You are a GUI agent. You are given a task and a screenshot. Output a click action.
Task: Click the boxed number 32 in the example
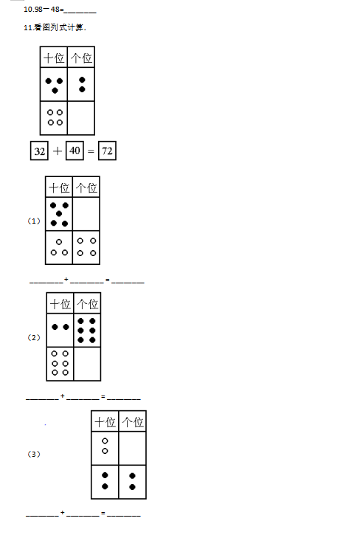pos(39,151)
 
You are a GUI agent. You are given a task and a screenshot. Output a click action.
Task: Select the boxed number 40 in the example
pos(75,151)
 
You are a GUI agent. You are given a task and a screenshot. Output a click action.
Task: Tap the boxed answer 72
pos(107,151)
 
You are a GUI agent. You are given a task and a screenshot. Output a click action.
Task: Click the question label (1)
pos(33,221)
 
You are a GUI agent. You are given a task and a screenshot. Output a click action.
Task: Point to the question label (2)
pos(33,337)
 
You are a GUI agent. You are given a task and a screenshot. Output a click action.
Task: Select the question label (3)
pos(33,454)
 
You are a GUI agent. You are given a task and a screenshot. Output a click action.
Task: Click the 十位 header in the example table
pos(54,58)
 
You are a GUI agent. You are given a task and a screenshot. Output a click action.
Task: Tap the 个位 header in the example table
pos(81,58)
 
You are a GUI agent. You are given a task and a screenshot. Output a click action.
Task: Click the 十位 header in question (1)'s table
pos(59,187)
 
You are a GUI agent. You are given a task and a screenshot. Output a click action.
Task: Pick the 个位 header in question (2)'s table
pos(87,304)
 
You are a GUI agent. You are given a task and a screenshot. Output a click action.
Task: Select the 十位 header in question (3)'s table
pos(105,421)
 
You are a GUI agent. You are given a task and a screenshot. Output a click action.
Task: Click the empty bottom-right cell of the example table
pos(81,118)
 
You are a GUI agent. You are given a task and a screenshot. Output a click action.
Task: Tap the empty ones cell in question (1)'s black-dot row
pos(86,214)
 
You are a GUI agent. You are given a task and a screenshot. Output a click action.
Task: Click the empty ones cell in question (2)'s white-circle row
pos(87,364)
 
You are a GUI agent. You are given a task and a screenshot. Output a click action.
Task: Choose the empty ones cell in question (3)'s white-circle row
pos(132,448)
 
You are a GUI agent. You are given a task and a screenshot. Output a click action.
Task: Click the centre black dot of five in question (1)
pos(59,213)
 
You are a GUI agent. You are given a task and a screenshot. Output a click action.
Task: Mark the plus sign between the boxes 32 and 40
pos(58,151)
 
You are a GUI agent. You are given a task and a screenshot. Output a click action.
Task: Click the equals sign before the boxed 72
pos(91,151)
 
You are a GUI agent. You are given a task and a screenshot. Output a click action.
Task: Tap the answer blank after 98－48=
pos(80,12)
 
